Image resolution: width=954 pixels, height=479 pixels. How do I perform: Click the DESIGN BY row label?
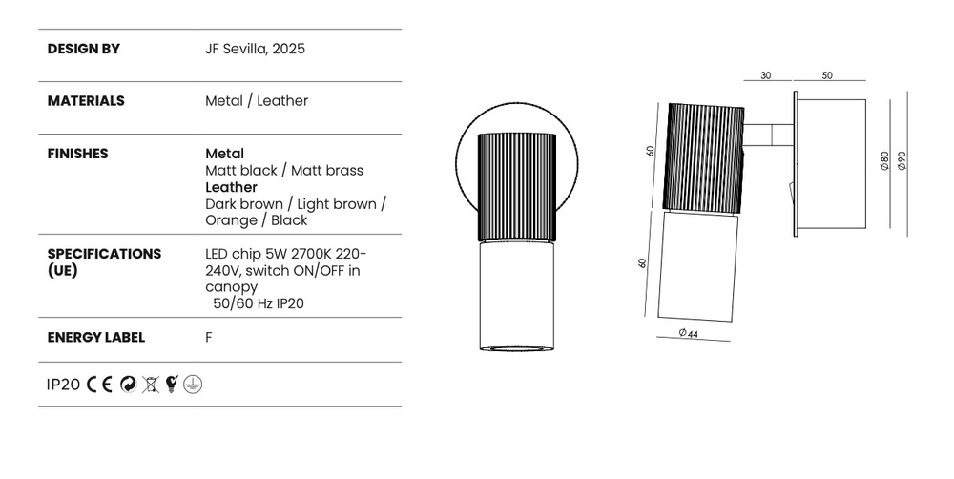click(83, 49)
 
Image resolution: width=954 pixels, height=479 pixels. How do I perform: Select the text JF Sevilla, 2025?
click(255, 49)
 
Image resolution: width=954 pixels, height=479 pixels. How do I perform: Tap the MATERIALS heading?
click(86, 101)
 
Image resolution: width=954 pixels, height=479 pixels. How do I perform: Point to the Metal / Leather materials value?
click(257, 101)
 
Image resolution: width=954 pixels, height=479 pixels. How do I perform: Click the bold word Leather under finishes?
click(231, 187)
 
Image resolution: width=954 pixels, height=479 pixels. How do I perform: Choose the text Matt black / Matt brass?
click(284, 171)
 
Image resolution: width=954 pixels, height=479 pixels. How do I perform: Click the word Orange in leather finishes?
click(231, 220)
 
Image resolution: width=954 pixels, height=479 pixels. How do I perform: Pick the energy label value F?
click(209, 337)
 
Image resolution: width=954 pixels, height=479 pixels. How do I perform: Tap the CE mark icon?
click(99, 385)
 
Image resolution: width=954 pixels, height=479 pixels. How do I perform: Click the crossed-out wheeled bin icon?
click(151, 385)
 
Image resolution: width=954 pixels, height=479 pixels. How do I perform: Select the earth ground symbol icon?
click(193, 385)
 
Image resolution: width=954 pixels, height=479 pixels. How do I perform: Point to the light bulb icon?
click(172, 384)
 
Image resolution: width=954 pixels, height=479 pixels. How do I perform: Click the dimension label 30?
click(766, 75)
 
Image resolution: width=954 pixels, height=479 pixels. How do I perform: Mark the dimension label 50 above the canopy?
click(827, 75)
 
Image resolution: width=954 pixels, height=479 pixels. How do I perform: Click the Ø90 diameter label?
click(902, 161)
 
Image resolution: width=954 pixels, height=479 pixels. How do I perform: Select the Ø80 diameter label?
click(884, 161)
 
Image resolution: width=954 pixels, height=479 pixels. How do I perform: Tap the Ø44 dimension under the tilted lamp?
click(688, 333)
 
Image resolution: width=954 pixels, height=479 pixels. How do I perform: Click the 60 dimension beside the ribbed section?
click(651, 151)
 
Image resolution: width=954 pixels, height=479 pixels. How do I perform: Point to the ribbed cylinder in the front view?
click(516, 187)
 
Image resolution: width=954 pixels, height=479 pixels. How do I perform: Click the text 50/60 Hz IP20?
click(259, 303)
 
